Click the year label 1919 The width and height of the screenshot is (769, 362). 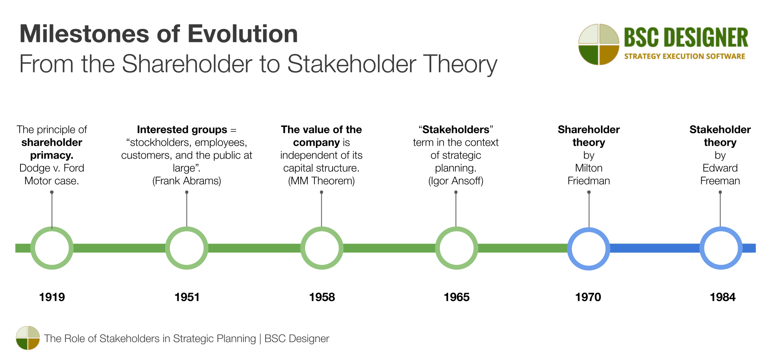(x=52, y=297)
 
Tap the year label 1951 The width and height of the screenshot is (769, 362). (x=187, y=297)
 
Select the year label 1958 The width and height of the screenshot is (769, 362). (x=322, y=297)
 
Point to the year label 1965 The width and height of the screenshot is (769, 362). (x=457, y=297)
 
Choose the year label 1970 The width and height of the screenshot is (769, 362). (x=588, y=297)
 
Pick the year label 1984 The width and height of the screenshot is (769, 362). (x=722, y=297)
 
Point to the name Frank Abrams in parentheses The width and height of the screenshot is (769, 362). (x=187, y=181)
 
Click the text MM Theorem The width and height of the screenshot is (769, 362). (x=321, y=181)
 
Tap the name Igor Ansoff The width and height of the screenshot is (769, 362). (x=456, y=181)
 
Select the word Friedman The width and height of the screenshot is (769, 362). (x=588, y=181)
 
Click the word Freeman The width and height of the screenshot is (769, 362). (x=720, y=181)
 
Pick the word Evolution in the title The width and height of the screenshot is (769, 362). (x=243, y=34)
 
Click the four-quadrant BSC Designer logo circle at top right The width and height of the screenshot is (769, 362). (x=599, y=44)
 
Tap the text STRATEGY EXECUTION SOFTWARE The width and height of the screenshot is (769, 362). (x=684, y=56)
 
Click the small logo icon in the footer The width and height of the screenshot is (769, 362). (x=28, y=338)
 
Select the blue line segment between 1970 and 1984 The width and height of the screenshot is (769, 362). (x=655, y=248)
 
